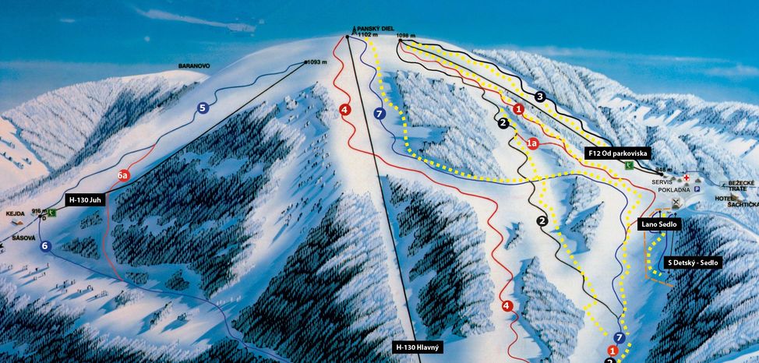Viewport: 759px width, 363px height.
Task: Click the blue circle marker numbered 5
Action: click(x=203, y=108)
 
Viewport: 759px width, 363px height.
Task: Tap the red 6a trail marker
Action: click(x=123, y=176)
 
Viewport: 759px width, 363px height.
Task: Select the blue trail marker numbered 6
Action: click(x=45, y=246)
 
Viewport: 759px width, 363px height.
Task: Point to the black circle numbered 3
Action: click(x=539, y=97)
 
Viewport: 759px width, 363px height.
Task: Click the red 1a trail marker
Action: click(x=533, y=143)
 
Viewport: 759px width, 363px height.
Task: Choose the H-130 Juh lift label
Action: click(x=85, y=199)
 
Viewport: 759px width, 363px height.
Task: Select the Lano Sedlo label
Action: click(x=660, y=224)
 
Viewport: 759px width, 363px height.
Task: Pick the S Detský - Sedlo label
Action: click(x=693, y=263)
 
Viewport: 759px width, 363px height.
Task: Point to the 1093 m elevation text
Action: click(x=318, y=62)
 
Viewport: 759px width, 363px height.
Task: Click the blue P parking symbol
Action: click(x=698, y=189)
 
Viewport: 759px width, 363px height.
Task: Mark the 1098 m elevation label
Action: click(x=407, y=36)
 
